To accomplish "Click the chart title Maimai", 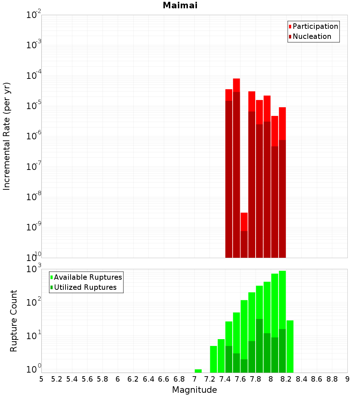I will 180,6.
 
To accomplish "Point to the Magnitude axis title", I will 194,390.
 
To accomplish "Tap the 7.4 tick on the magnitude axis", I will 225,379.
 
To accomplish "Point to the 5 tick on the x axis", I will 41,379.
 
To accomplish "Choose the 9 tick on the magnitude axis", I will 347,379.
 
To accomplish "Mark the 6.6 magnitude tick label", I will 164,379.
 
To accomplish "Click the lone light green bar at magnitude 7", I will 198,371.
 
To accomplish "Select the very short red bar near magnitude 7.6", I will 244,234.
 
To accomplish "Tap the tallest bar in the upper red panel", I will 237,166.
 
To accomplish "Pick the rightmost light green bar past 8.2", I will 290,346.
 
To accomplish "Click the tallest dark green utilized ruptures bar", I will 260,346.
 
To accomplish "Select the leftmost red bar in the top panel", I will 229,173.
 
